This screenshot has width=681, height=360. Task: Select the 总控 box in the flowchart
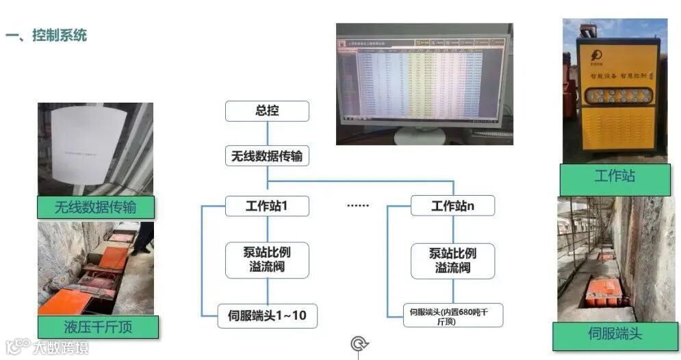267,111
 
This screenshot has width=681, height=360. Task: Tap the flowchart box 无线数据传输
267,157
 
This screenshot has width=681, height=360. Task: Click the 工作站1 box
267,205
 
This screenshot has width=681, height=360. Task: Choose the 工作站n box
452,205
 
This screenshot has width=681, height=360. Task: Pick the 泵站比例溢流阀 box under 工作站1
267,259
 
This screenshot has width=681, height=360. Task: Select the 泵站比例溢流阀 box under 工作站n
452,260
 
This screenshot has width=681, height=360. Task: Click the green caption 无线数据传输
96,207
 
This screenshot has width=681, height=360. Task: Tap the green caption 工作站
615,177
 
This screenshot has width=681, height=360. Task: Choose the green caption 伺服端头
615,334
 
